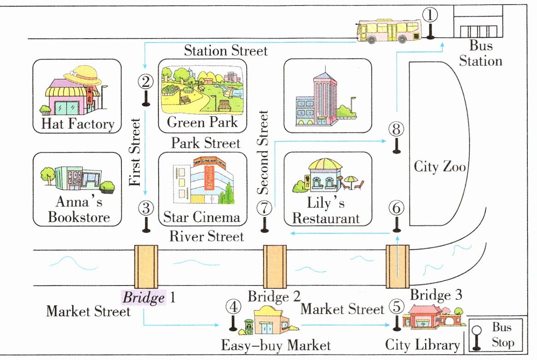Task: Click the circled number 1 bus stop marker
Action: (x=430, y=15)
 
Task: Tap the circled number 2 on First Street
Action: (x=145, y=81)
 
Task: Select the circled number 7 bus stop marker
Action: (x=264, y=208)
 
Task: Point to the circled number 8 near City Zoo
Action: (x=396, y=129)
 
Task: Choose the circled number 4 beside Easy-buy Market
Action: (x=234, y=307)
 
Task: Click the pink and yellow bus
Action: (x=389, y=31)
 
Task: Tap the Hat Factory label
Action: (x=78, y=124)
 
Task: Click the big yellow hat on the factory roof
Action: (x=82, y=75)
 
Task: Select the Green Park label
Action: (x=202, y=122)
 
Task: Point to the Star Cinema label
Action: (x=202, y=217)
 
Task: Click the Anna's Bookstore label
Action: (x=79, y=209)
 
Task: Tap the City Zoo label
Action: (x=440, y=166)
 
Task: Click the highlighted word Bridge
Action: (x=144, y=297)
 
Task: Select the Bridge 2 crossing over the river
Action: (x=275, y=267)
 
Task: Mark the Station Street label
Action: (x=225, y=51)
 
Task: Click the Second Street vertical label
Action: (x=263, y=153)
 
